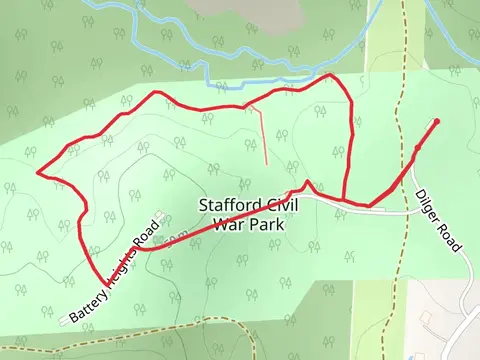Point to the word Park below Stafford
pyautogui.click(x=266, y=225)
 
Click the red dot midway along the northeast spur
pyautogui.click(x=416, y=149)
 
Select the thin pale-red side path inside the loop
pyautogui.click(x=263, y=135)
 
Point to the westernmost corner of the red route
pyautogui.click(x=39, y=172)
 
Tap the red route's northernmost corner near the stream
pyautogui.click(x=331, y=76)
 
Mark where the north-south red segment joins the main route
pyautogui.click(x=343, y=200)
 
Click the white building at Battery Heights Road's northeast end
pyautogui.click(x=161, y=215)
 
